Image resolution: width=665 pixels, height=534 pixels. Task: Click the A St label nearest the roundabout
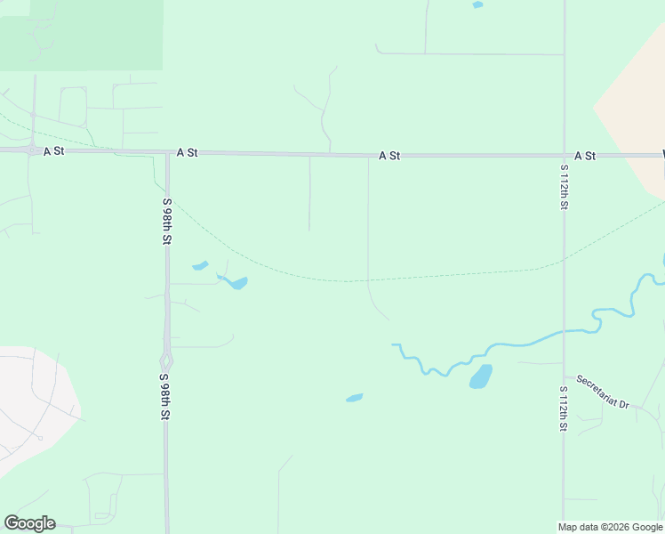(54, 151)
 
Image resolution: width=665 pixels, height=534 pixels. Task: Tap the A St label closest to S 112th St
(584, 156)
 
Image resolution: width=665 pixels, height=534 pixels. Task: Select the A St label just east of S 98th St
(187, 153)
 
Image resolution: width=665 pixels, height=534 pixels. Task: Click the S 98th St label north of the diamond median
(166, 222)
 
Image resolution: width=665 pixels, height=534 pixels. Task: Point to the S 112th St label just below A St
(564, 187)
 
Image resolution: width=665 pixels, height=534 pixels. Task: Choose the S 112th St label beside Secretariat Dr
(563, 409)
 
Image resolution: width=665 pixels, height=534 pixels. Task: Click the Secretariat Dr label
(602, 392)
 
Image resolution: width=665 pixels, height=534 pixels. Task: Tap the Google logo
(29, 523)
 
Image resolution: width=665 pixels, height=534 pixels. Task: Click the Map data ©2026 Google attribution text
(610, 527)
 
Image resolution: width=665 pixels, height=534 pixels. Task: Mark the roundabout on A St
(33, 150)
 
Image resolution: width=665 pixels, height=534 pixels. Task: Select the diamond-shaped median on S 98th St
(166, 361)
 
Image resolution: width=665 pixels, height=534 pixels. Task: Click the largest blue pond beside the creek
(480, 376)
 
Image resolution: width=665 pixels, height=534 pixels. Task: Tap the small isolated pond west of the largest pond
(354, 398)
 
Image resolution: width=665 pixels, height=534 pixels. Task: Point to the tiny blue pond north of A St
(477, 5)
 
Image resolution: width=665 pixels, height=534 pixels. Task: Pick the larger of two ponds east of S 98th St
(236, 284)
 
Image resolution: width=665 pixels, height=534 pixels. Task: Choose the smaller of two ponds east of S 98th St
(200, 265)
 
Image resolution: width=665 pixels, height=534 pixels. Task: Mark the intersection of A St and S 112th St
(564, 156)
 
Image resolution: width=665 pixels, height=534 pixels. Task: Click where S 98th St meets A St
(167, 154)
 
